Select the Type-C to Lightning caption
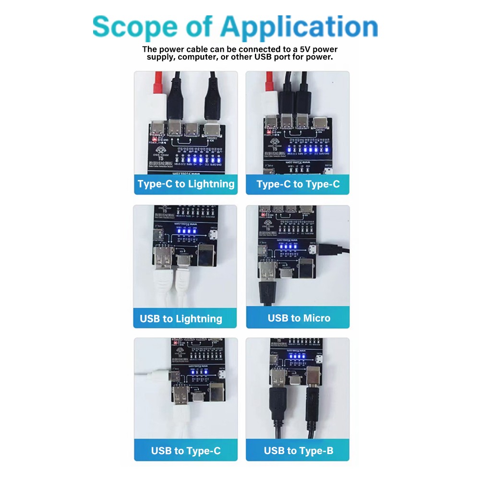pos(186,184)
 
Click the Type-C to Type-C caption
pos(298,184)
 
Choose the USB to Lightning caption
pos(181,319)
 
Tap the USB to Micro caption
pos(299,318)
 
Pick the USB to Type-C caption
pos(186,451)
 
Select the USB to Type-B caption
pos(298,451)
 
